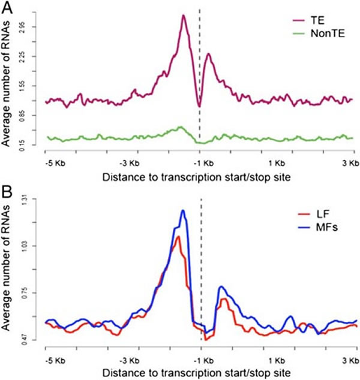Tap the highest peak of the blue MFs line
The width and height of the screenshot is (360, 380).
182,210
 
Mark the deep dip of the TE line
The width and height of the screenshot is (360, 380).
199,107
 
